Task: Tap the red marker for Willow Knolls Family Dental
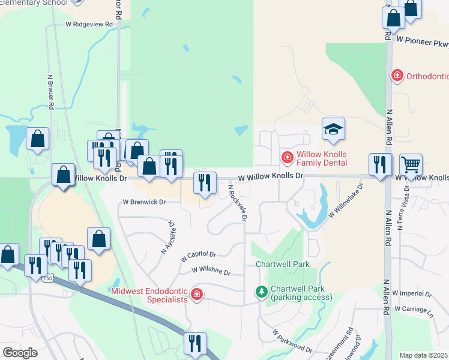click(x=288, y=157)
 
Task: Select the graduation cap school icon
click(x=333, y=129)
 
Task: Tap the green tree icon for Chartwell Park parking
click(x=261, y=292)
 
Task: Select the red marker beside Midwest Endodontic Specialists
click(x=196, y=294)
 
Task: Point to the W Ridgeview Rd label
click(x=89, y=25)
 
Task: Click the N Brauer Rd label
click(x=51, y=92)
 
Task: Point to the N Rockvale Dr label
click(x=237, y=202)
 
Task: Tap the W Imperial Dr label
click(x=412, y=293)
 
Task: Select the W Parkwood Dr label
click(x=292, y=341)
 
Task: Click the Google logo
click(x=20, y=353)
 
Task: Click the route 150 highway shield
click(x=47, y=278)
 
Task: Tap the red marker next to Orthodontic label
click(x=396, y=76)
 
